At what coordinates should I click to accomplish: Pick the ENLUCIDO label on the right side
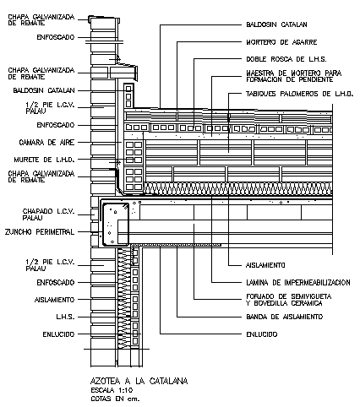click(x=261, y=334)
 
